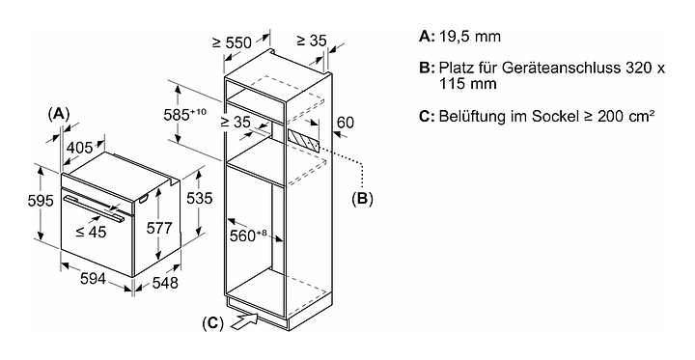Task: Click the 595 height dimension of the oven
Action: pos(41,201)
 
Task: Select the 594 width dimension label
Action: pos(93,278)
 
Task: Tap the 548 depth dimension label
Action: pos(165,283)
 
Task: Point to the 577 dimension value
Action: pos(159,228)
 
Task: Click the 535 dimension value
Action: pos(200,198)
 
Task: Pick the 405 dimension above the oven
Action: pos(80,148)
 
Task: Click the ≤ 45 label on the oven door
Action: pos(91,231)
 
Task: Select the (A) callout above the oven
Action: pos(59,114)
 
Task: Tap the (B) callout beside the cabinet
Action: pos(362,199)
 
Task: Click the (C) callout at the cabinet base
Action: pos(212,324)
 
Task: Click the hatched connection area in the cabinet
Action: pos(303,141)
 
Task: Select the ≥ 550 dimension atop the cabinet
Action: pos(232,42)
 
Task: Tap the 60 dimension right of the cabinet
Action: pos(346,122)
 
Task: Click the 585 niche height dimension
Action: pos(184,115)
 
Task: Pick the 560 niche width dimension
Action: pos(248,235)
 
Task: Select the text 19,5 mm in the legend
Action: pos(470,37)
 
